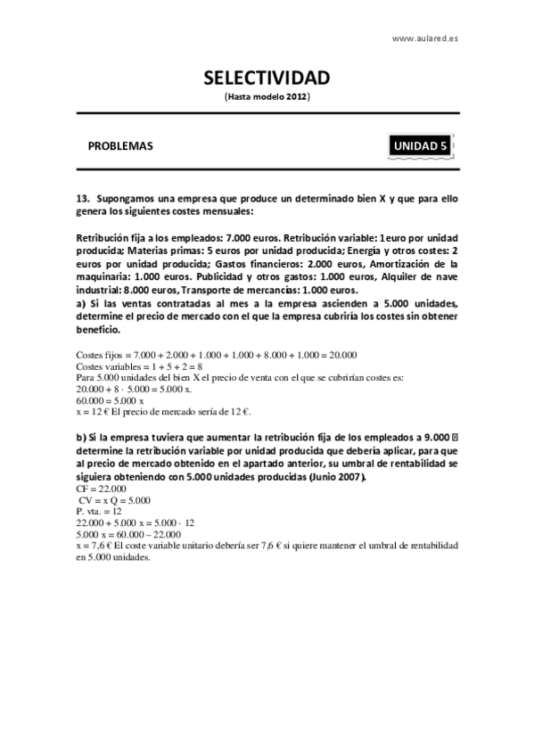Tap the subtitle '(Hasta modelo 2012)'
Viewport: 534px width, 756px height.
pos(267,95)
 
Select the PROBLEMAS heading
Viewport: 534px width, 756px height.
pos(120,145)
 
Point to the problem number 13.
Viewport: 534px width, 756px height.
pos(84,198)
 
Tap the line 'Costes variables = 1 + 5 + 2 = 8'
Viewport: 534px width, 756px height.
pos(140,366)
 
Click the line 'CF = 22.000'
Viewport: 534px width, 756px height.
pos(100,489)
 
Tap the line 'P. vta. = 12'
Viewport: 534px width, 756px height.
pos(100,512)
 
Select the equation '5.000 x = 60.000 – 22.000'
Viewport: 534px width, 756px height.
pos(130,534)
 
